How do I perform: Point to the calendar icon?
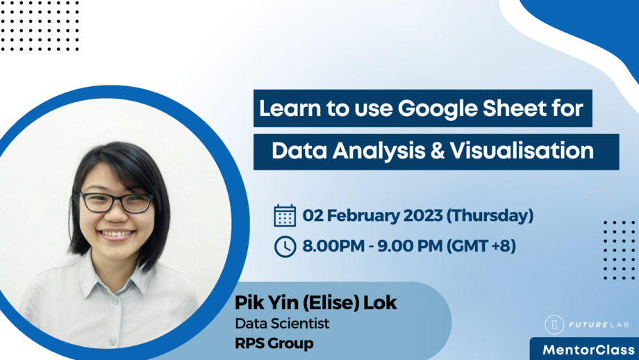tap(285, 215)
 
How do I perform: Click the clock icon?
tap(285, 246)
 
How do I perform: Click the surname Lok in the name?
tap(381, 304)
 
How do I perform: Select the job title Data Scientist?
tap(282, 323)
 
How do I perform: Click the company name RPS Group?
tap(274, 343)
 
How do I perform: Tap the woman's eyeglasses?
tap(116, 202)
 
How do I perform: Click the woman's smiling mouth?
tap(117, 234)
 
